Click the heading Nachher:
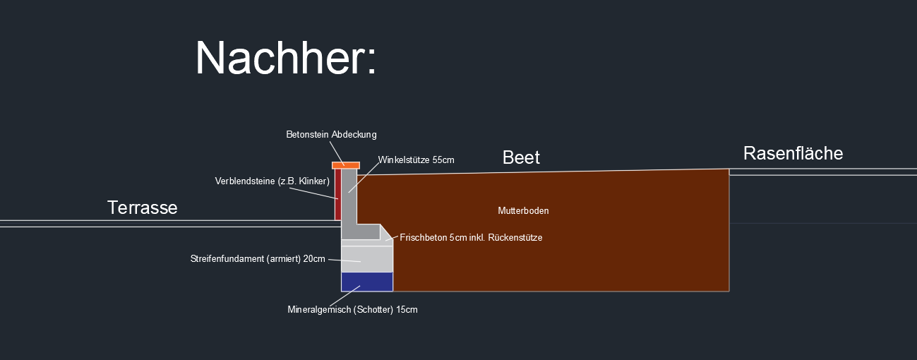[286, 58]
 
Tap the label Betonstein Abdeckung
[332, 134]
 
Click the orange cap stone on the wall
[346, 165]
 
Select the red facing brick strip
[338, 194]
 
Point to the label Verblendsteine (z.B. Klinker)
[272, 181]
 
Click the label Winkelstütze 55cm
[416, 160]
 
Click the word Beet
[521, 157]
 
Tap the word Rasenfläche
[793, 153]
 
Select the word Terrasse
[142, 208]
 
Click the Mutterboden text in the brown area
[523, 211]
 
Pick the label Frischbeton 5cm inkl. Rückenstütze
[471, 238]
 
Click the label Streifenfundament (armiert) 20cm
[258, 258]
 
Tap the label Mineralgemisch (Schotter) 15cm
[352, 310]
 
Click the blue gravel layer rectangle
[366, 282]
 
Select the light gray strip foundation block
[366, 258]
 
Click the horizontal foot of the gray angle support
[361, 232]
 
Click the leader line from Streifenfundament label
[344, 260]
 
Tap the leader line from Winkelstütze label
[363, 177]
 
